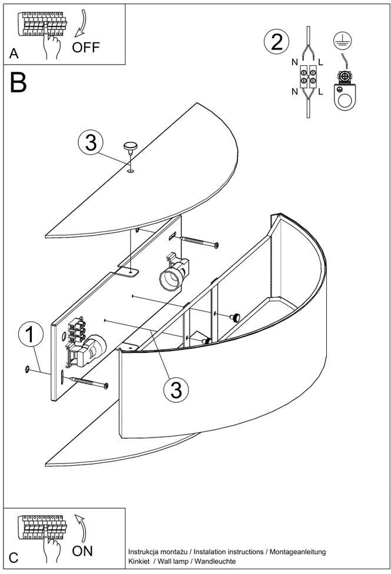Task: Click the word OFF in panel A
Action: click(86, 47)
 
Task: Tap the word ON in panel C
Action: click(82, 551)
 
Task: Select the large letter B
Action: click(19, 83)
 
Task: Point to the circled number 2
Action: click(277, 42)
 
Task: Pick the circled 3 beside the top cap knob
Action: click(90, 143)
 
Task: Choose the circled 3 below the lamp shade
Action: click(175, 389)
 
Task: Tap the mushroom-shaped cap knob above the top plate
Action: click(129, 147)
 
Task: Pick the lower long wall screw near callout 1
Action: click(89, 383)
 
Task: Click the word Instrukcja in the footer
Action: click(145, 552)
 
